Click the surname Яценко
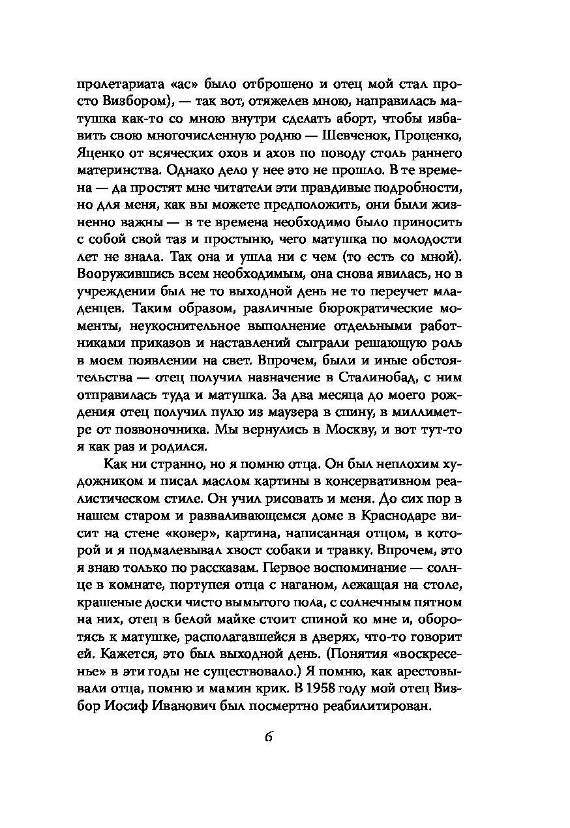click(101, 153)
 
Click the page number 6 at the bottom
click(268, 738)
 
